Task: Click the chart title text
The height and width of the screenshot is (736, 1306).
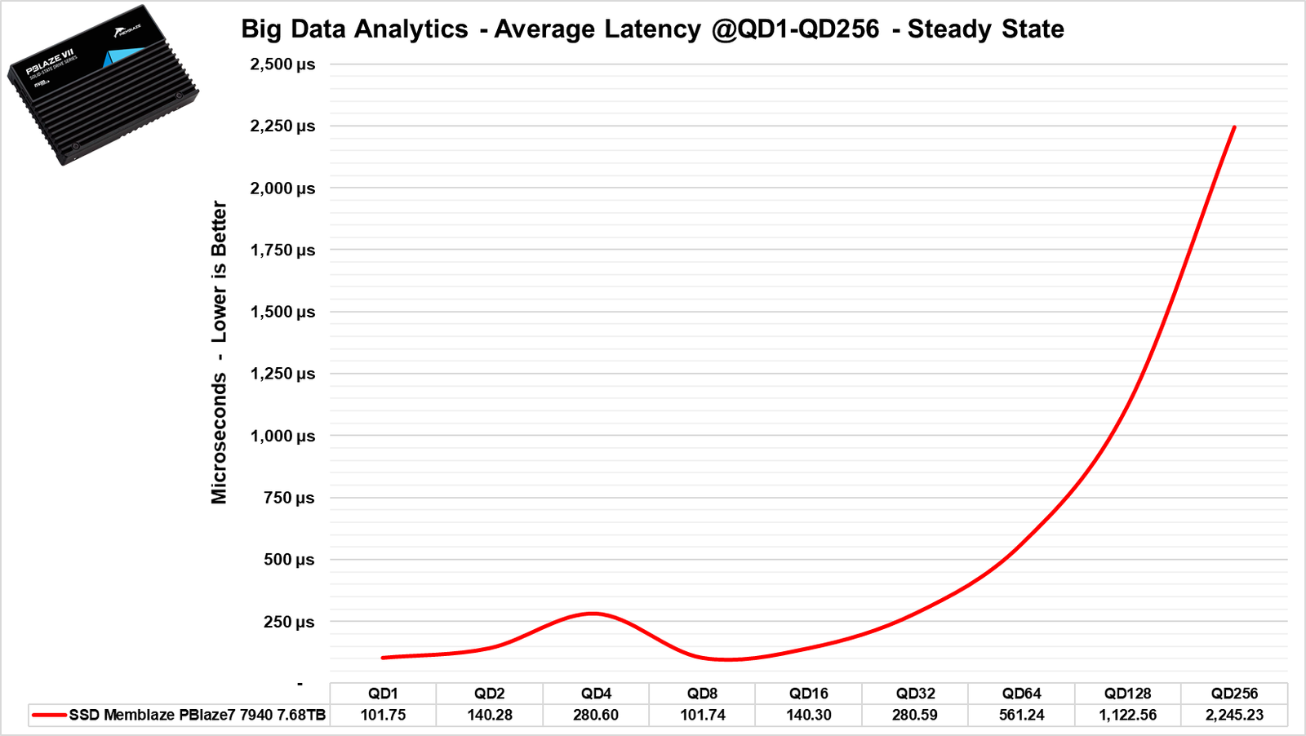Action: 652,29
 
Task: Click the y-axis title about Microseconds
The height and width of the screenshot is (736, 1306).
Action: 219,352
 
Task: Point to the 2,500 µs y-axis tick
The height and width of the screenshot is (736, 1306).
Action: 282,64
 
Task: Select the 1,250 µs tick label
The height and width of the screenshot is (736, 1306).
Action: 282,374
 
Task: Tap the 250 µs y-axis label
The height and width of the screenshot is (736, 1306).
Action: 289,622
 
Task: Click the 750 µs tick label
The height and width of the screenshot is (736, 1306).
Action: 289,498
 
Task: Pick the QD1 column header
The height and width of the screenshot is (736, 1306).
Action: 383,694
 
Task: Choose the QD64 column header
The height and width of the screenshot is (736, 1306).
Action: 1021,694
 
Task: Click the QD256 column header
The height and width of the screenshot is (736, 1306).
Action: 1234,694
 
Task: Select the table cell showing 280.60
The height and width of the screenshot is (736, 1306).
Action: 596,715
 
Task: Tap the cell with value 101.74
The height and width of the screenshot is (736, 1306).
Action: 702,715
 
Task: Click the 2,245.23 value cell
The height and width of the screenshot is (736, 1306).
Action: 1234,715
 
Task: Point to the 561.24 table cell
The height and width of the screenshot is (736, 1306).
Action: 1021,715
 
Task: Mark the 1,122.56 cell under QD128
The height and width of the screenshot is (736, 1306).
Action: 1128,715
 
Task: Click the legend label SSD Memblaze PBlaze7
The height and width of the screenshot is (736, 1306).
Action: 198,715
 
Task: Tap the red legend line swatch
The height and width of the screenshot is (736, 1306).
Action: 49,715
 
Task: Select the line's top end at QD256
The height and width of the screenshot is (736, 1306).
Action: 1234,127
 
